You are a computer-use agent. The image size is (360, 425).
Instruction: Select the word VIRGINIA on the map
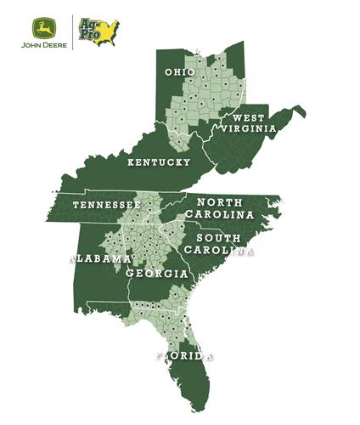click(247, 128)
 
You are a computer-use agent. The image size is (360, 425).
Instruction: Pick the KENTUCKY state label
click(158, 161)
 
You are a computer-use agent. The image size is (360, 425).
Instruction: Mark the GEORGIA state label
click(157, 275)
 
